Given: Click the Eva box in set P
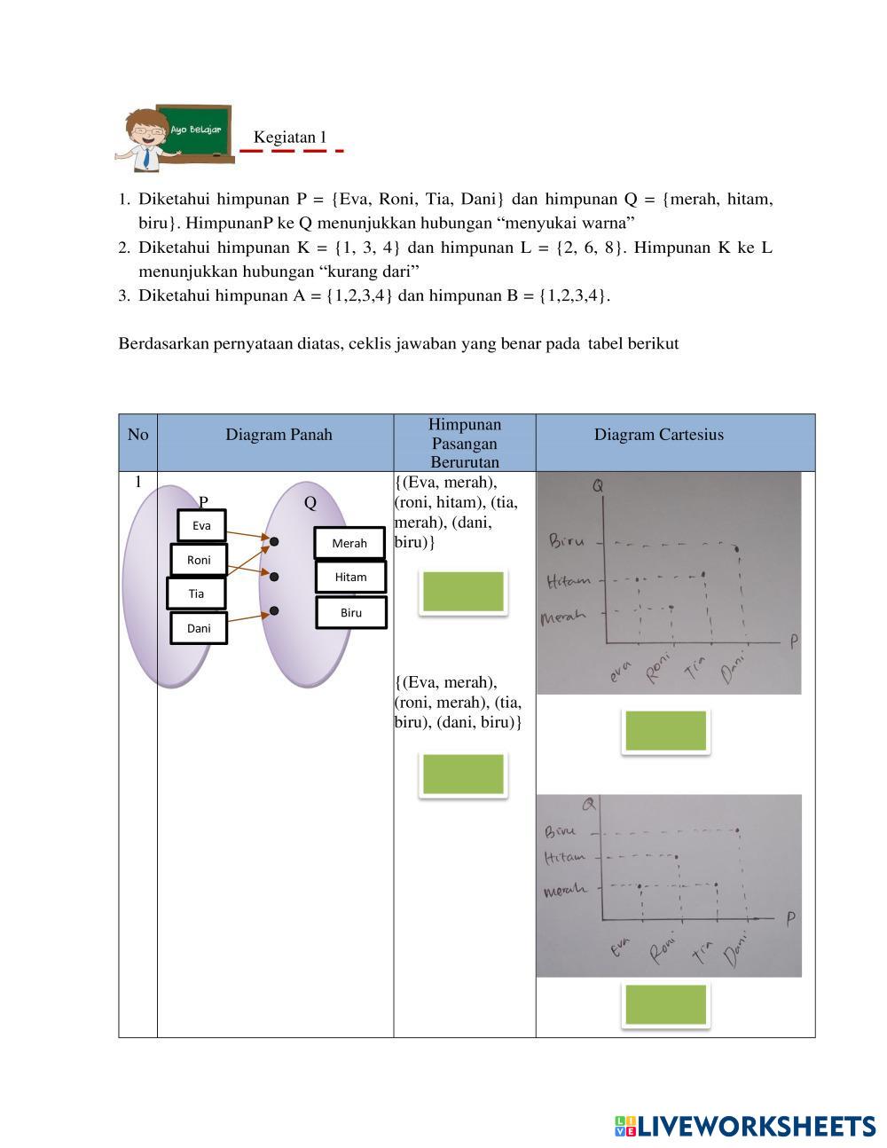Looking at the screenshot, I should tap(201, 525).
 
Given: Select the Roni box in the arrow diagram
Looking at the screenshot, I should tap(199, 560).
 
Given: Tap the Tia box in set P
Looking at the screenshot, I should tap(196, 594).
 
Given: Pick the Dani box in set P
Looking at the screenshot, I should tap(199, 628).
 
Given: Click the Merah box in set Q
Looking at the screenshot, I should tap(349, 543).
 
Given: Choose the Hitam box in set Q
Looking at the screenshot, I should tap(350, 577).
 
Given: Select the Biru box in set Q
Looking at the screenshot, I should tap(351, 612).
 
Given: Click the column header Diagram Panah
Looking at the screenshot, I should tap(279, 435).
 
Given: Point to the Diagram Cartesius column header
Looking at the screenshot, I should tap(658, 435).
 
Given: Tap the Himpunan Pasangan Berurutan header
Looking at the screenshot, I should tap(464, 443).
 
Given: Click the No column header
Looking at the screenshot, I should tap(137, 435).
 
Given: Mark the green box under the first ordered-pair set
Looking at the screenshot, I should tap(463, 592).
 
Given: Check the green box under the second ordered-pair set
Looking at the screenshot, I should tap(463, 774).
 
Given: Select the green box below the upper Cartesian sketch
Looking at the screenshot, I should tap(665, 731).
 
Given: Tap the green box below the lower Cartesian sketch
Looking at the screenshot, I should tap(665, 1005).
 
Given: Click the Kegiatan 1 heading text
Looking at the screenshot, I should tap(290, 138).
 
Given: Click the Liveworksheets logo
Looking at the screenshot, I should tap(744, 1126).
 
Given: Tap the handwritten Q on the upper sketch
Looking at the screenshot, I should tap(599, 486).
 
